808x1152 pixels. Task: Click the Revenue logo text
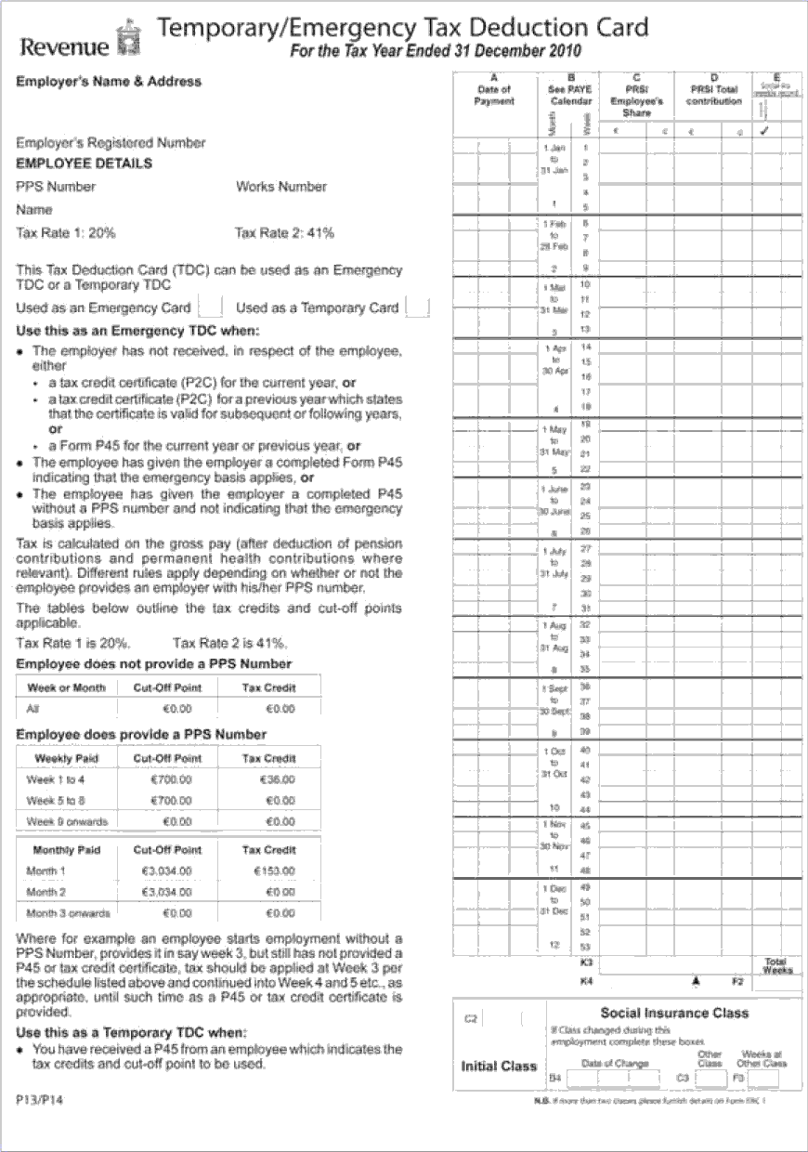click(x=58, y=46)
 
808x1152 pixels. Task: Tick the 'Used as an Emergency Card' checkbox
click(x=211, y=307)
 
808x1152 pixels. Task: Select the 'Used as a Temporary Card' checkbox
click(x=418, y=307)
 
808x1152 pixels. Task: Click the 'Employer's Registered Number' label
click(x=111, y=143)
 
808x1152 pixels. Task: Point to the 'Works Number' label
click(x=281, y=187)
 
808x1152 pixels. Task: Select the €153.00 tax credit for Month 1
click(x=273, y=871)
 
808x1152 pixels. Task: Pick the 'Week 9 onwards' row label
click(x=67, y=821)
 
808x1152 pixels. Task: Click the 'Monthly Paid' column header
click(x=66, y=850)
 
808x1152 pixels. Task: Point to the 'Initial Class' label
click(x=499, y=1066)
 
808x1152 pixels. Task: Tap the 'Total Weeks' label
click(x=776, y=965)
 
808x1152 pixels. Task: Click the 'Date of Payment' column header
click(x=493, y=95)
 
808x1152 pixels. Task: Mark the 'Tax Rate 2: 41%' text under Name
click(x=285, y=232)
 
